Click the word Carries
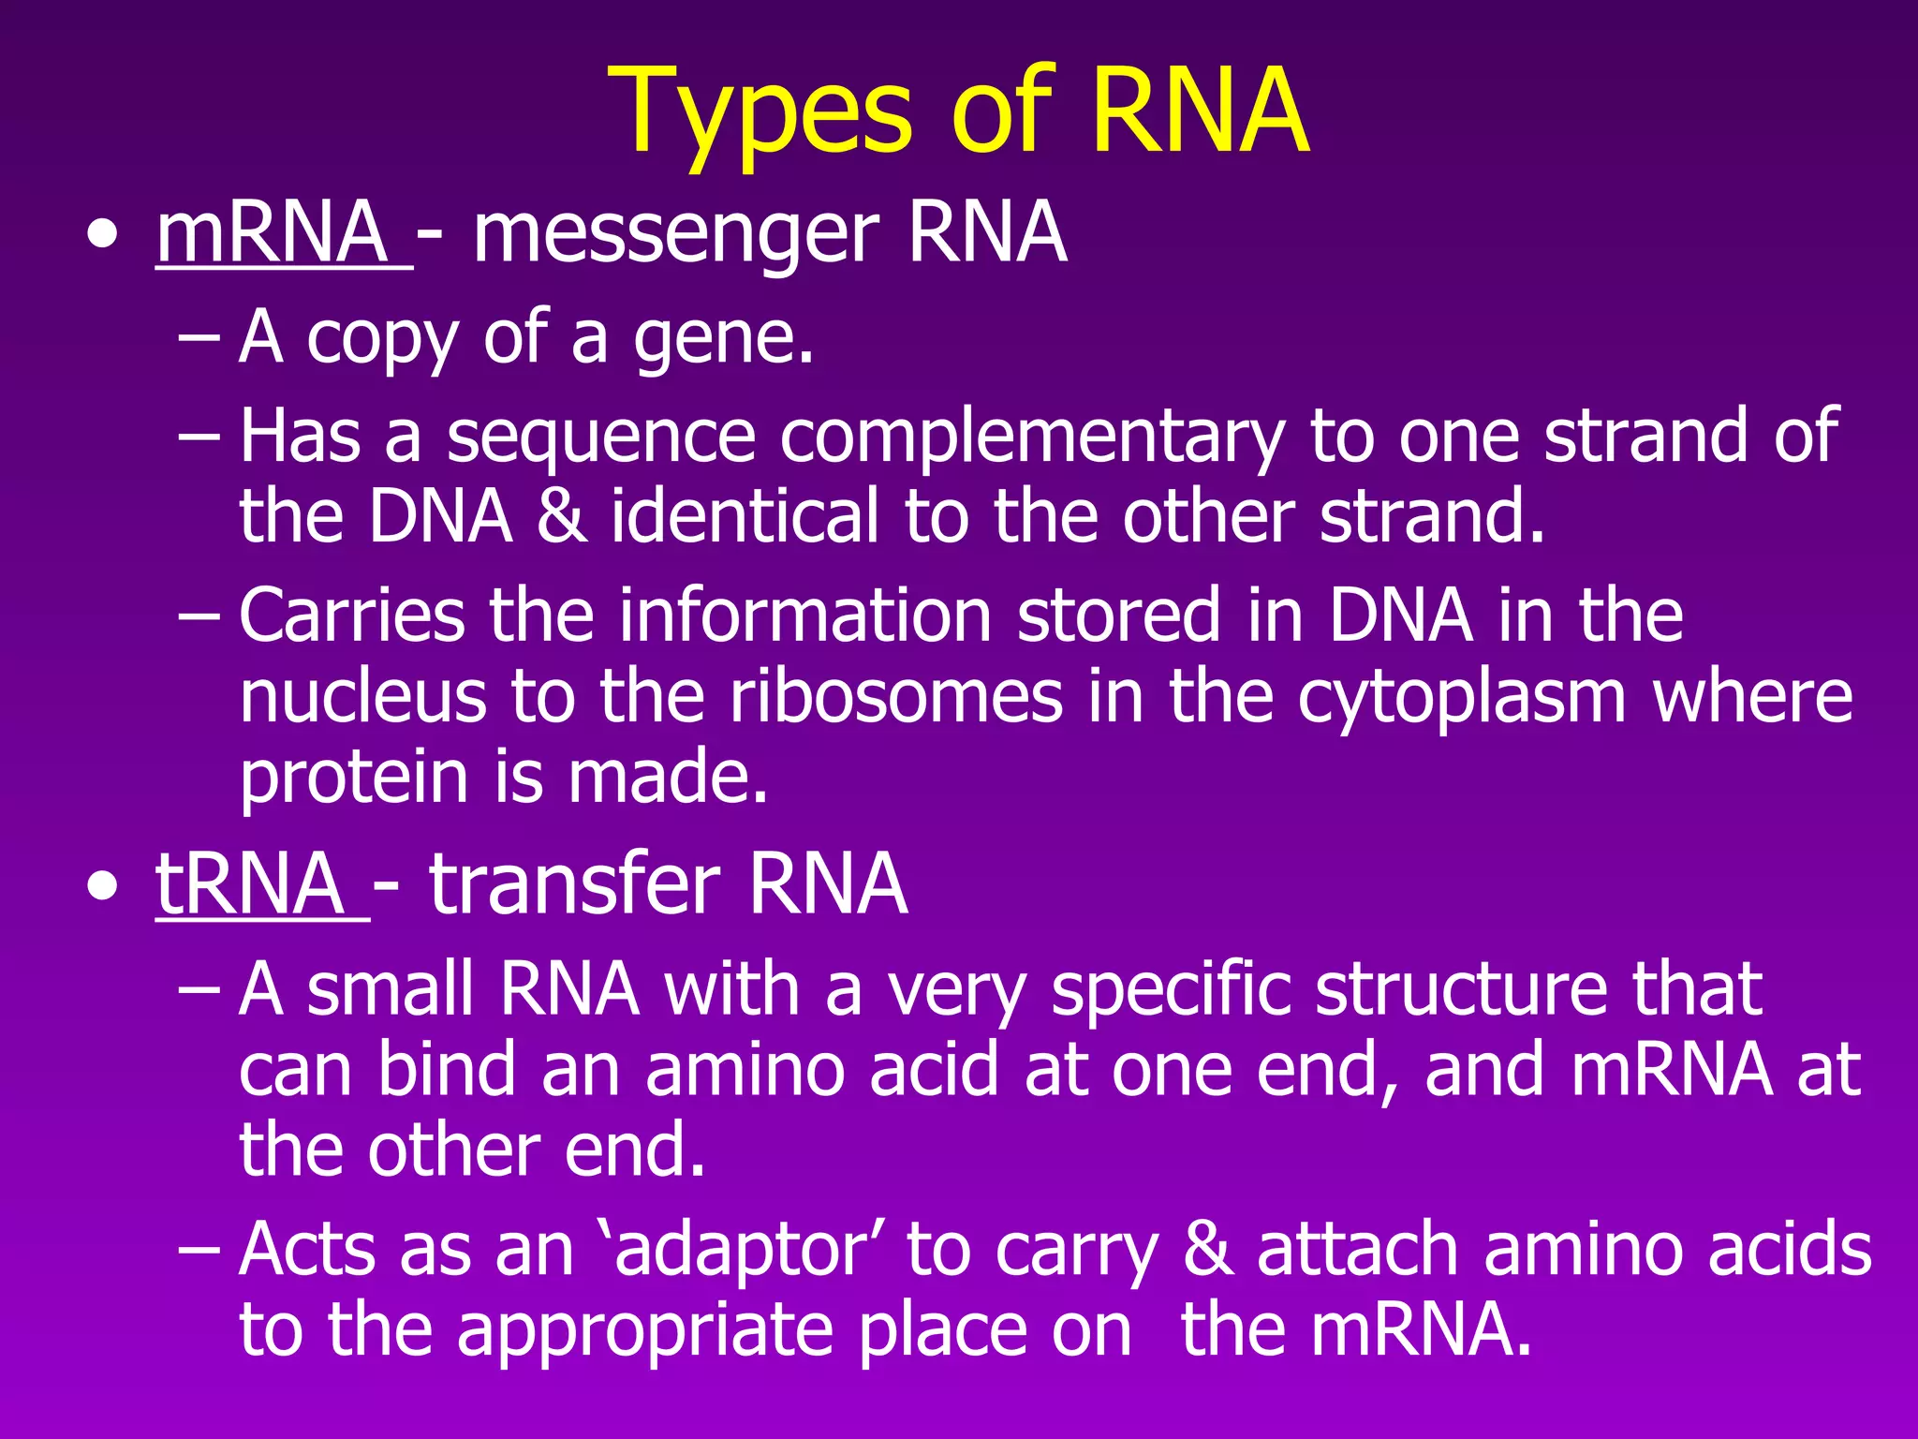(x=351, y=616)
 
